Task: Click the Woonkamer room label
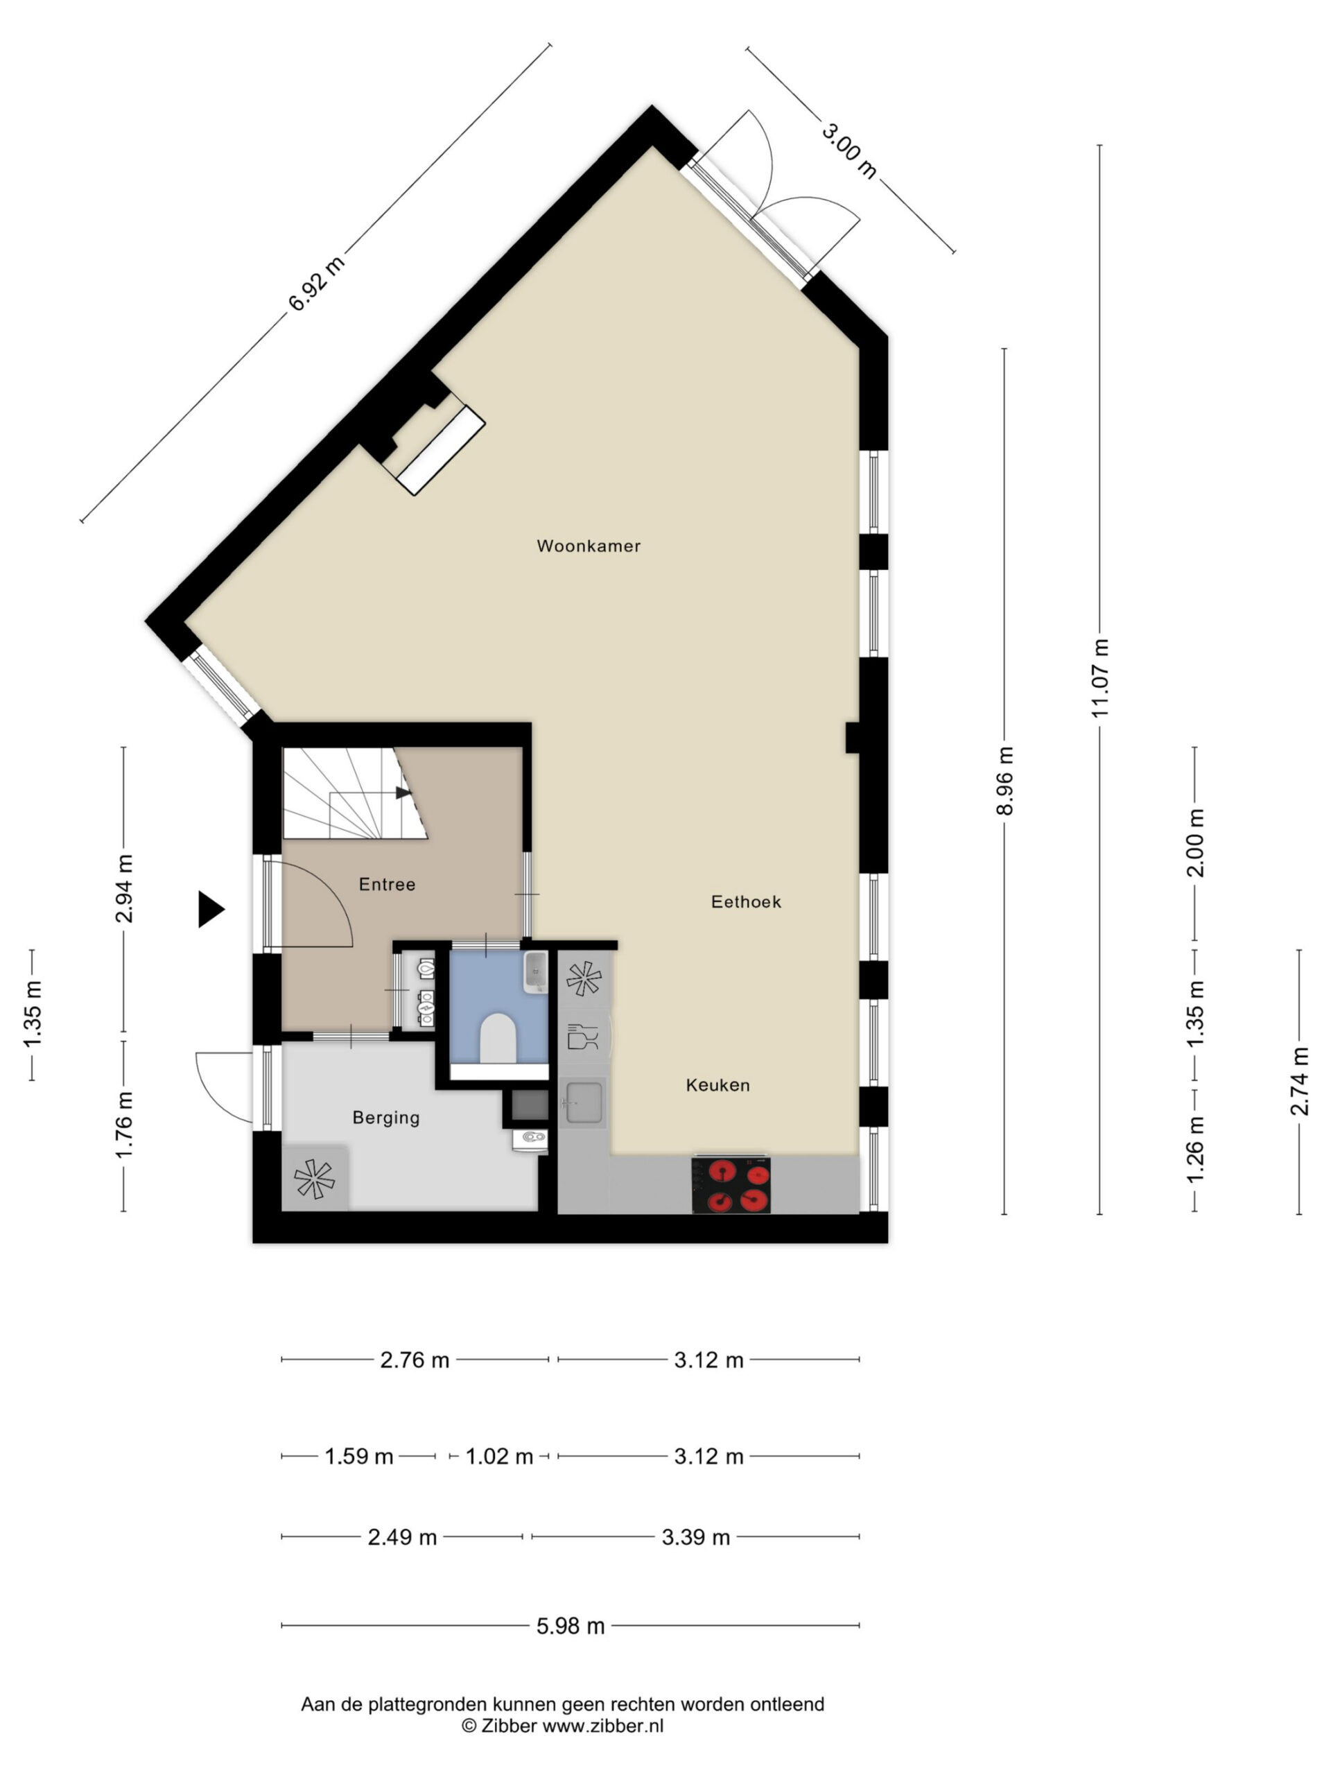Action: coord(588,546)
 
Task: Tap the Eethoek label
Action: coord(745,901)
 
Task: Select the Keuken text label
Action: coord(717,1085)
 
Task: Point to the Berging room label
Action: coord(386,1118)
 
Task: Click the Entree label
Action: coord(387,884)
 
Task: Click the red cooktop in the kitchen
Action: coord(731,1184)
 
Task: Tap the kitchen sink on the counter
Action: coord(583,1102)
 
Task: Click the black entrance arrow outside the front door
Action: coord(211,909)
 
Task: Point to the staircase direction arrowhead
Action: coord(403,793)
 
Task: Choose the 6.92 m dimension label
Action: coord(317,284)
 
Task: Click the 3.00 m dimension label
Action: coord(849,150)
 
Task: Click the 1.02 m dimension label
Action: coord(499,1457)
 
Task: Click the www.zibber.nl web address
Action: coord(602,1725)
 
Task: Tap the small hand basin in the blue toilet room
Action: coord(536,972)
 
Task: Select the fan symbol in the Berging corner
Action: coord(314,1179)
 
